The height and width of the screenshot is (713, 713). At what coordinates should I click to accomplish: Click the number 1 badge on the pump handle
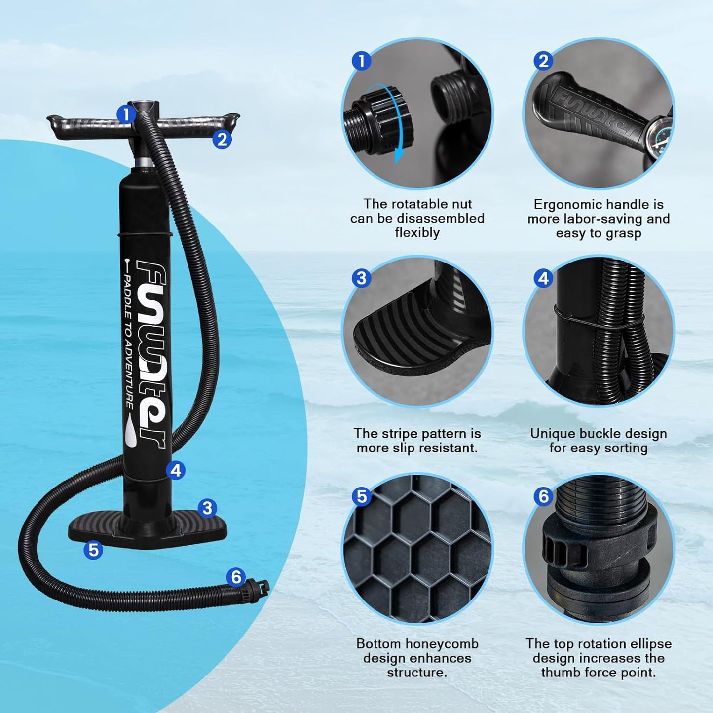pyautogui.click(x=126, y=114)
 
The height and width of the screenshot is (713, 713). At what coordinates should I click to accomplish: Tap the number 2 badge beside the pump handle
pyautogui.click(x=222, y=140)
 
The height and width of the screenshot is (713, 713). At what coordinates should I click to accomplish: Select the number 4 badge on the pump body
pyautogui.click(x=176, y=470)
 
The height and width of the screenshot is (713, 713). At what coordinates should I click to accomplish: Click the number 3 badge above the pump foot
pyautogui.click(x=207, y=508)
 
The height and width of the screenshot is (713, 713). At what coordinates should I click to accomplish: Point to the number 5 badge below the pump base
pyautogui.click(x=93, y=549)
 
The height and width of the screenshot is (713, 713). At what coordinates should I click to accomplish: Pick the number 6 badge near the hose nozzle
pyautogui.click(x=236, y=577)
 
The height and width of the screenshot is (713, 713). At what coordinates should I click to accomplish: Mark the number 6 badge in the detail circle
pyautogui.click(x=543, y=496)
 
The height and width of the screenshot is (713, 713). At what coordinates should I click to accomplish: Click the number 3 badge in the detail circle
pyautogui.click(x=361, y=278)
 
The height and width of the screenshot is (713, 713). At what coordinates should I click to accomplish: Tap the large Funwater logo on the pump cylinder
pyautogui.click(x=150, y=353)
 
